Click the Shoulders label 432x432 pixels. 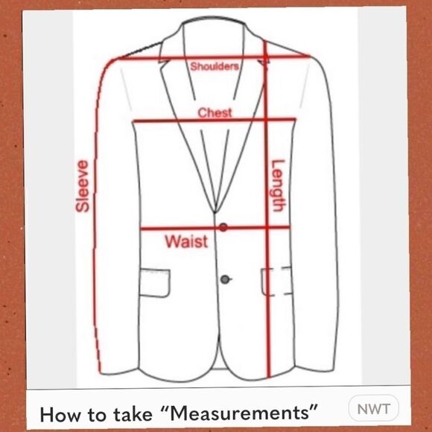click(215, 66)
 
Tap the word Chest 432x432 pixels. click(215, 112)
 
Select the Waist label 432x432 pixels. click(185, 241)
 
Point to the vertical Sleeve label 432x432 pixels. click(83, 186)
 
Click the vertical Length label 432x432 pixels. click(278, 186)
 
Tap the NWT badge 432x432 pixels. click(374, 409)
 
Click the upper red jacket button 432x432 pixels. click(223, 227)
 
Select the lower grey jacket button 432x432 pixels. click(224, 279)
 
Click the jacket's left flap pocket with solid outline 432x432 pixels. click(154, 281)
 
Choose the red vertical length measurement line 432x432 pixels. click(267, 313)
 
